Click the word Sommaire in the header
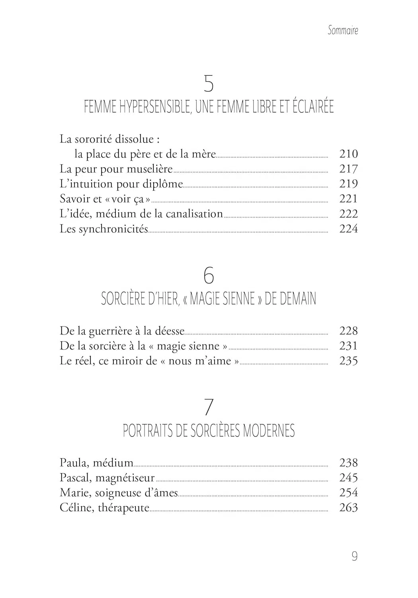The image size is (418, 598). tap(343, 30)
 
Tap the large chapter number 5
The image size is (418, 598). tap(209, 84)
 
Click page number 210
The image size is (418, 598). tap(348, 153)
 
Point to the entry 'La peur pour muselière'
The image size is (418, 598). tap(116, 169)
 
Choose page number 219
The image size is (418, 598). tap(348, 184)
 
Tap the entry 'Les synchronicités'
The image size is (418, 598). tap(104, 229)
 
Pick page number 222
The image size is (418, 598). tap(348, 214)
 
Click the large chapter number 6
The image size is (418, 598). tap(209, 275)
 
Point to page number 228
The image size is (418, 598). tap(348, 330)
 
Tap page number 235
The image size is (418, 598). tap(348, 361)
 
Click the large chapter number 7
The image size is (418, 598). tap(209, 407)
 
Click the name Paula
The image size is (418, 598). tap(74, 462)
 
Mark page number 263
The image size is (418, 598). tap(348, 508)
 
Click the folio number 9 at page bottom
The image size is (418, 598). tap(354, 556)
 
